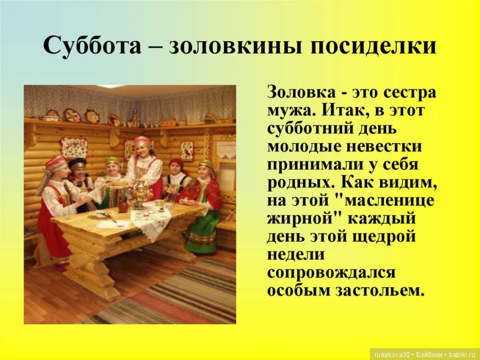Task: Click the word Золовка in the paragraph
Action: (x=302, y=92)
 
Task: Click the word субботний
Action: (x=310, y=129)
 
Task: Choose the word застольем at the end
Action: (x=381, y=290)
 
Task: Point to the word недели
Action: (x=295, y=255)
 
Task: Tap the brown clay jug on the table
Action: (x=123, y=205)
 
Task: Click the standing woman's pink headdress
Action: (x=142, y=141)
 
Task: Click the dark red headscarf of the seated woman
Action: (x=177, y=163)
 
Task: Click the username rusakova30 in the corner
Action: (x=392, y=355)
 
